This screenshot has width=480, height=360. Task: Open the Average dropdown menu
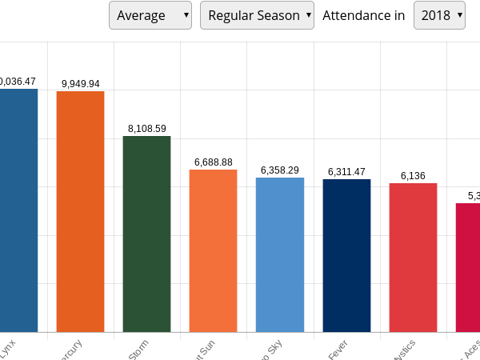pos(150,15)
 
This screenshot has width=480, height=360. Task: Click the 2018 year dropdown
pos(439,15)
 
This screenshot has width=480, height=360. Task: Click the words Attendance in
pos(363,15)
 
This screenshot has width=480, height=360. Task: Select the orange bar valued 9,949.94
pos(80,211)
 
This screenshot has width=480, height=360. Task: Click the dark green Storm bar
pos(146,234)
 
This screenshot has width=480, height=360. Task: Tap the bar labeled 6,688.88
pos(213,250)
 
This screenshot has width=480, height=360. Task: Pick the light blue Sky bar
pos(280,254)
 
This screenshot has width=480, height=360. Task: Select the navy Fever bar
pos(346,255)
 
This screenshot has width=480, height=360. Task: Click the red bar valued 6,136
pos(413,258)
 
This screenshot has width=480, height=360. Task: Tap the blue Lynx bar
pos(18,210)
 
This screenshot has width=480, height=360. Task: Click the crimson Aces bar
pos(468,267)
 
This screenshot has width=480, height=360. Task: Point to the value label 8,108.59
pos(146,129)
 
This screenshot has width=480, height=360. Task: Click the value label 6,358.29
pos(280,170)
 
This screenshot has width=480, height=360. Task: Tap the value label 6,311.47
pos(346,172)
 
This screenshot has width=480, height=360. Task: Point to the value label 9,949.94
pos(80,84)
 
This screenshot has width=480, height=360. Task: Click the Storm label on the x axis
pos(139,350)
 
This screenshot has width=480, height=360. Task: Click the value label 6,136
pos(413,176)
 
